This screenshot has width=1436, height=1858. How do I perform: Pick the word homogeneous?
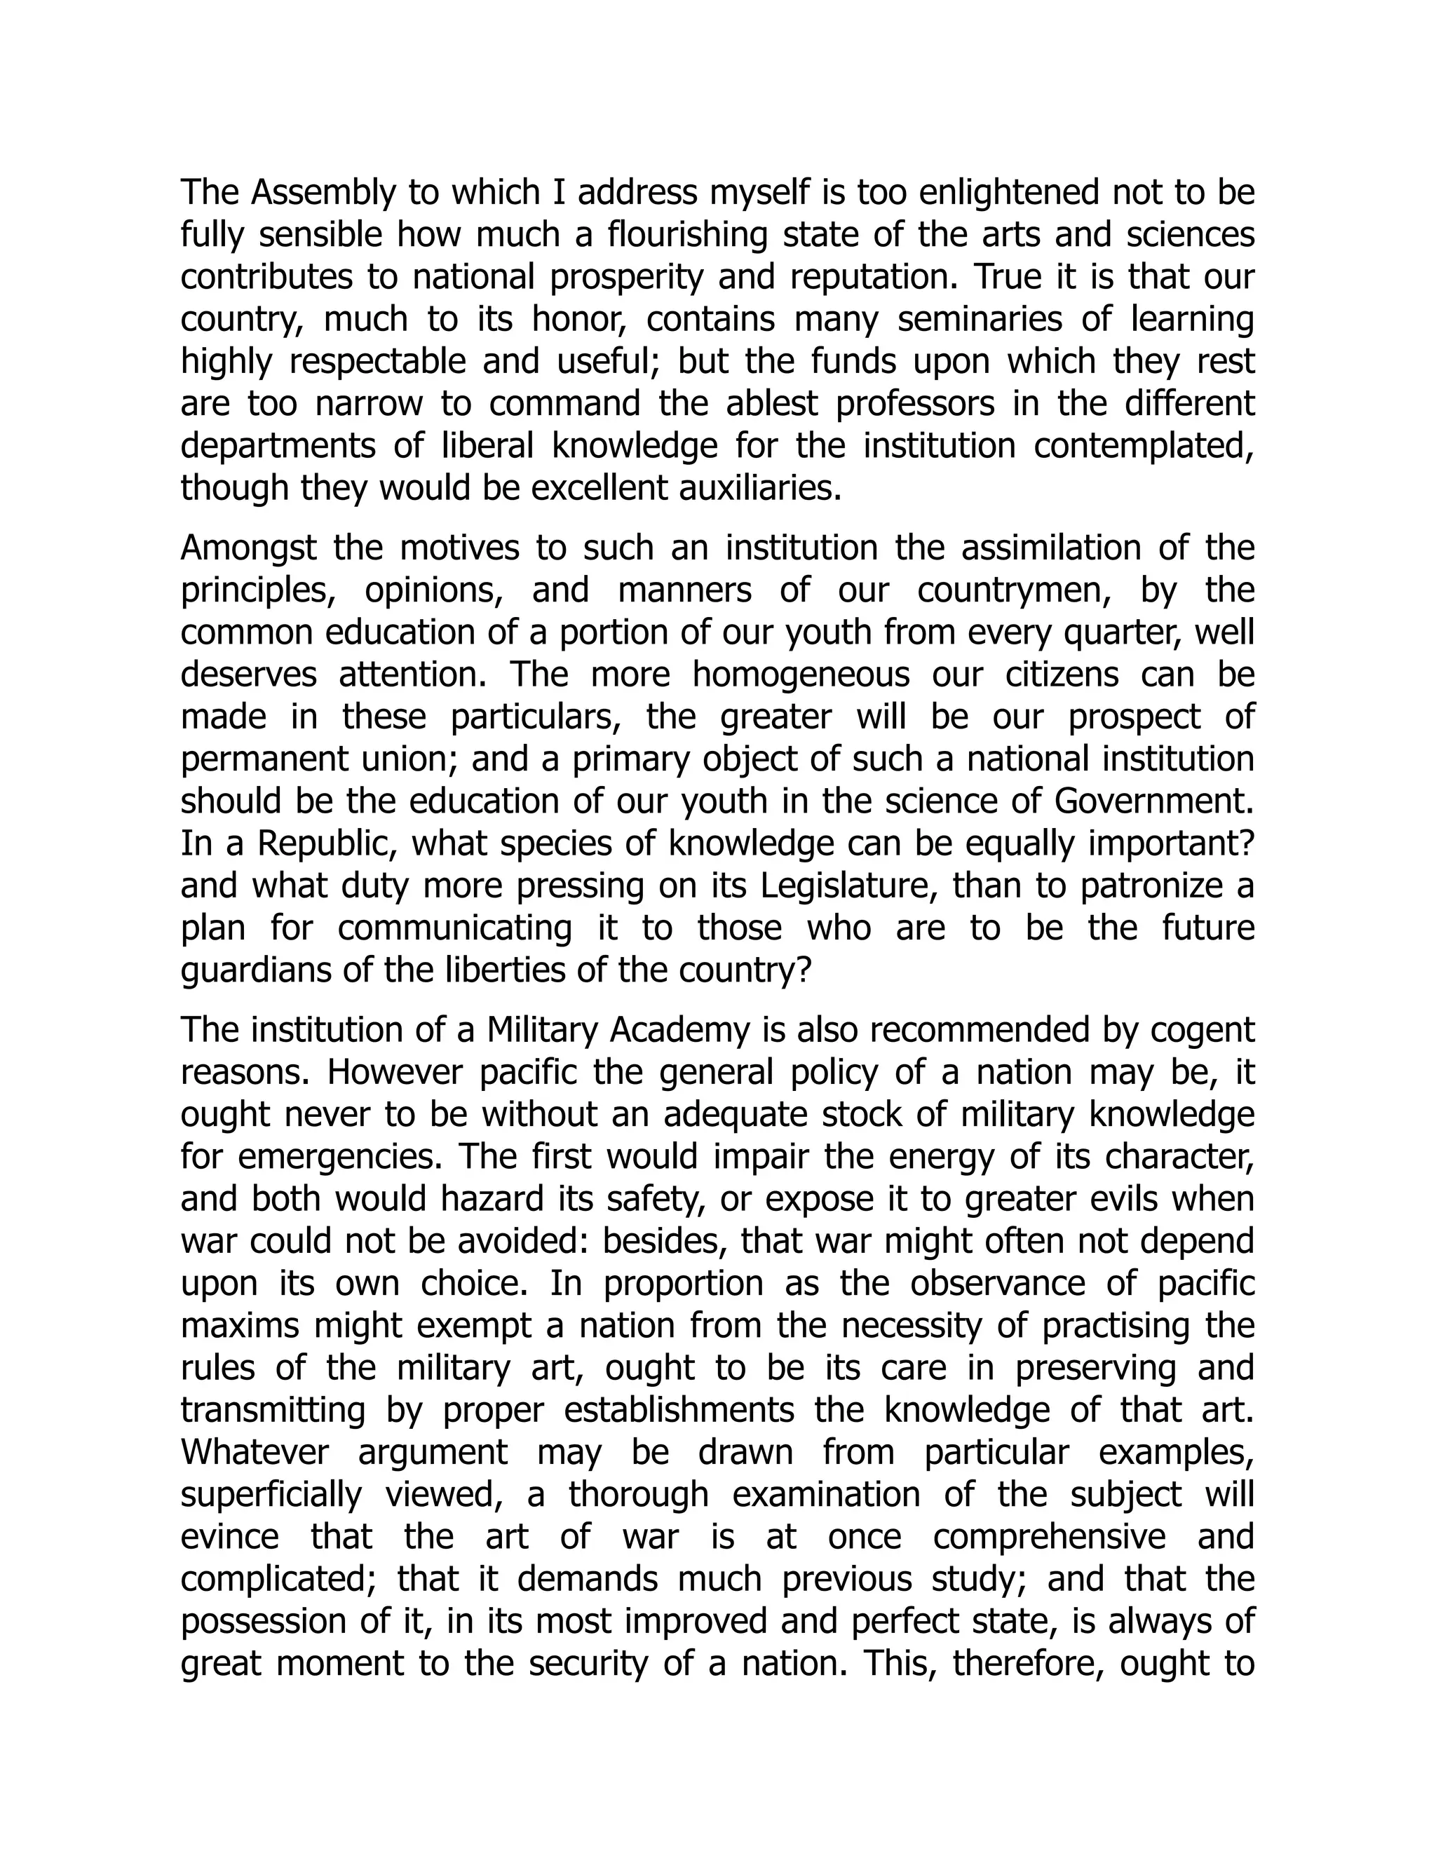point(801,675)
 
